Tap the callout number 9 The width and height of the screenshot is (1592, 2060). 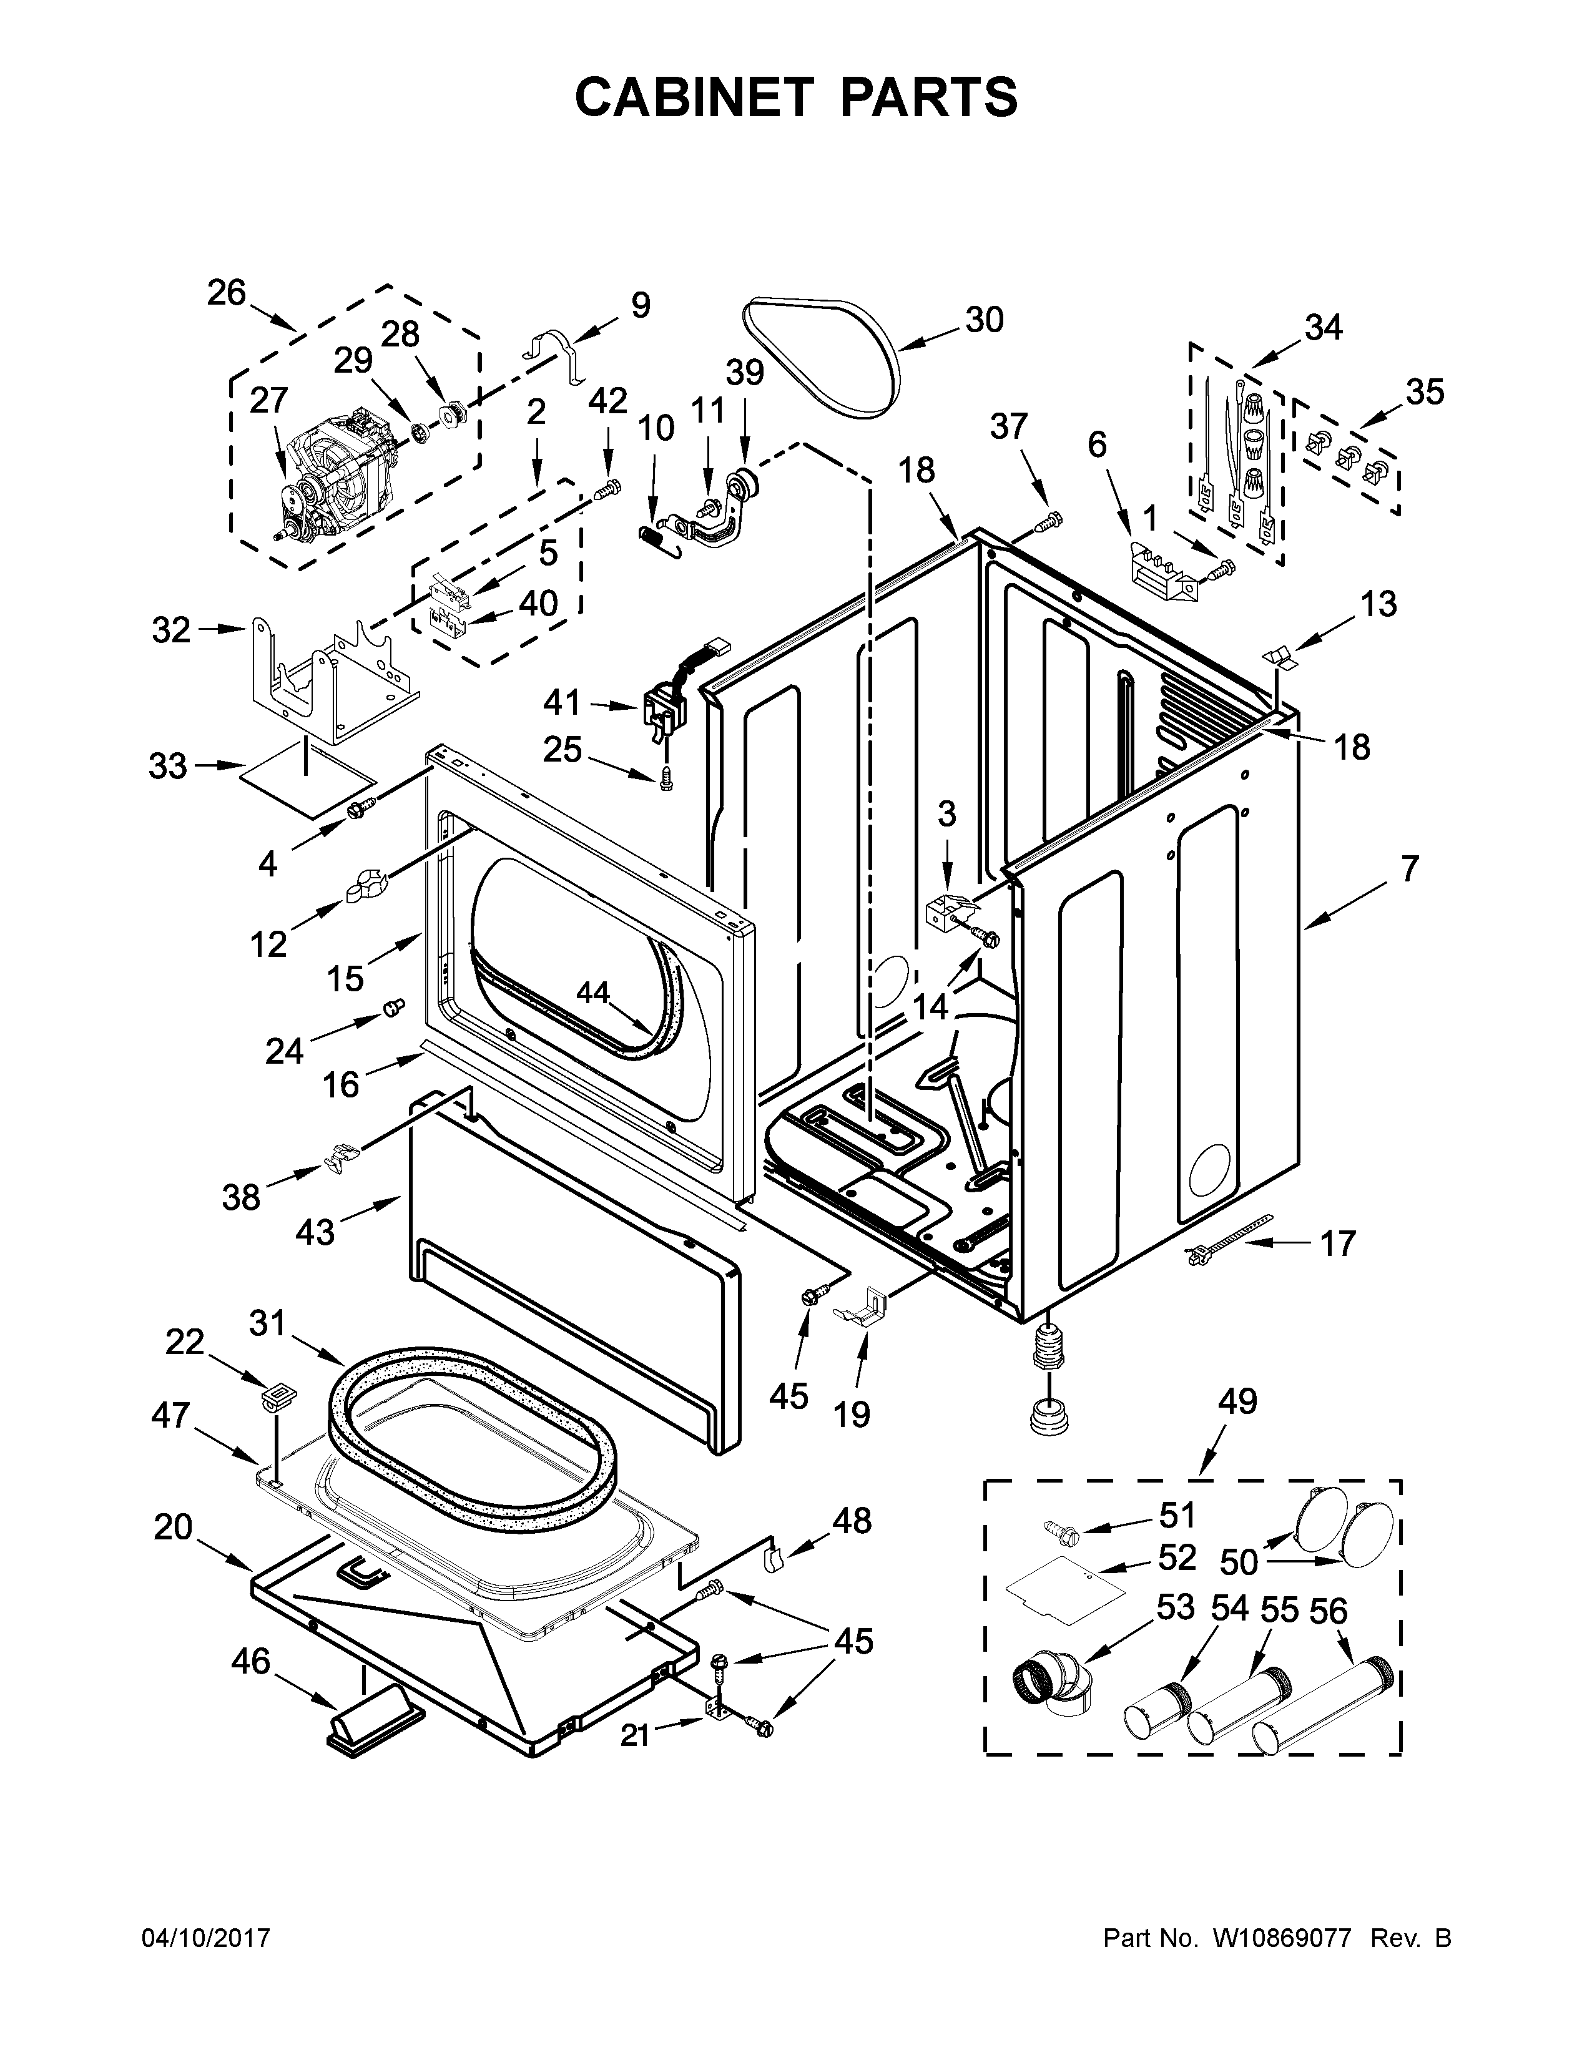tap(641, 305)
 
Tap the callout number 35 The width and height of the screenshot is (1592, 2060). tap(1424, 391)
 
